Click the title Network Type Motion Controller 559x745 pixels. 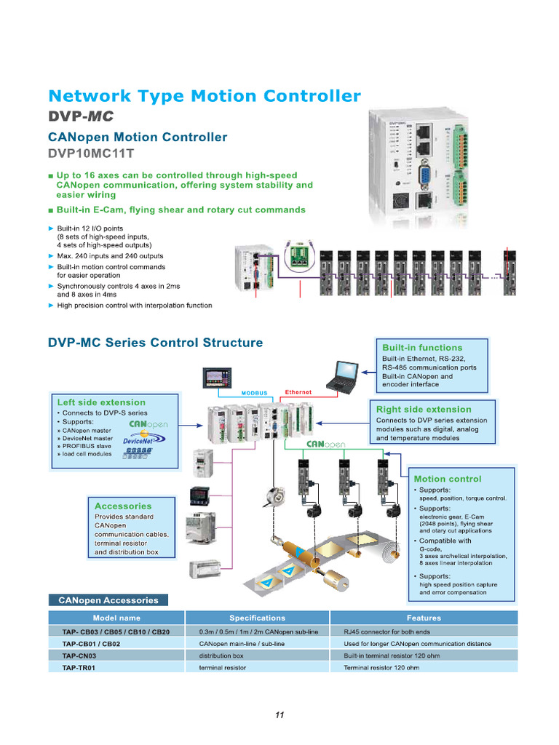[204, 96]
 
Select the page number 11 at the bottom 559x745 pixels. [279, 715]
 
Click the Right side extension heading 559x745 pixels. [424, 409]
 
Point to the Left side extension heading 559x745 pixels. [101, 402]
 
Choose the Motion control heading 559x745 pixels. [447, 479]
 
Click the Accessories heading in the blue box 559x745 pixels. [123, 506]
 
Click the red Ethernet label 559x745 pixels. [298, 392]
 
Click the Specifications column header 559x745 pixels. [257, 618]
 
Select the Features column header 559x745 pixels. [424, 618]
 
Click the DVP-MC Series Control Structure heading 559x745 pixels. [155, 342]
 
